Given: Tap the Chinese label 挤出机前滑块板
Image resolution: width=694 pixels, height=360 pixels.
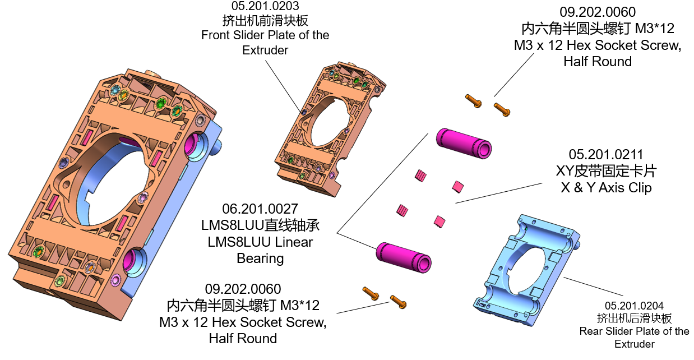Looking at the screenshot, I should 265,21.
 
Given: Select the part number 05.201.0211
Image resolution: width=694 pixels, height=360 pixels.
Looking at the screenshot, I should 605,155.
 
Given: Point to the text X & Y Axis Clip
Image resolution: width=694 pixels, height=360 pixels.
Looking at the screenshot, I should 606,188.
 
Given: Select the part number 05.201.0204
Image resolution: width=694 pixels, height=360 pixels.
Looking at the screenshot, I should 634,306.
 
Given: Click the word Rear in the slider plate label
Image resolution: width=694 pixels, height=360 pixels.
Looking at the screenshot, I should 591,331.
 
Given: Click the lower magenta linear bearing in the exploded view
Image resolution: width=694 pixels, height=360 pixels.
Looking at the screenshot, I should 403,259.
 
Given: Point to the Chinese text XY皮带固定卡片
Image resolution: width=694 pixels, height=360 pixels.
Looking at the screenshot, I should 606,171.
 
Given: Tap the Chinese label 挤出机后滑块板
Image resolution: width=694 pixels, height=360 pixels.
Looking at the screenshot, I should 634,319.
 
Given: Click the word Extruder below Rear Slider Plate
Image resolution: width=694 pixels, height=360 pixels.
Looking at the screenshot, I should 634,344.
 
